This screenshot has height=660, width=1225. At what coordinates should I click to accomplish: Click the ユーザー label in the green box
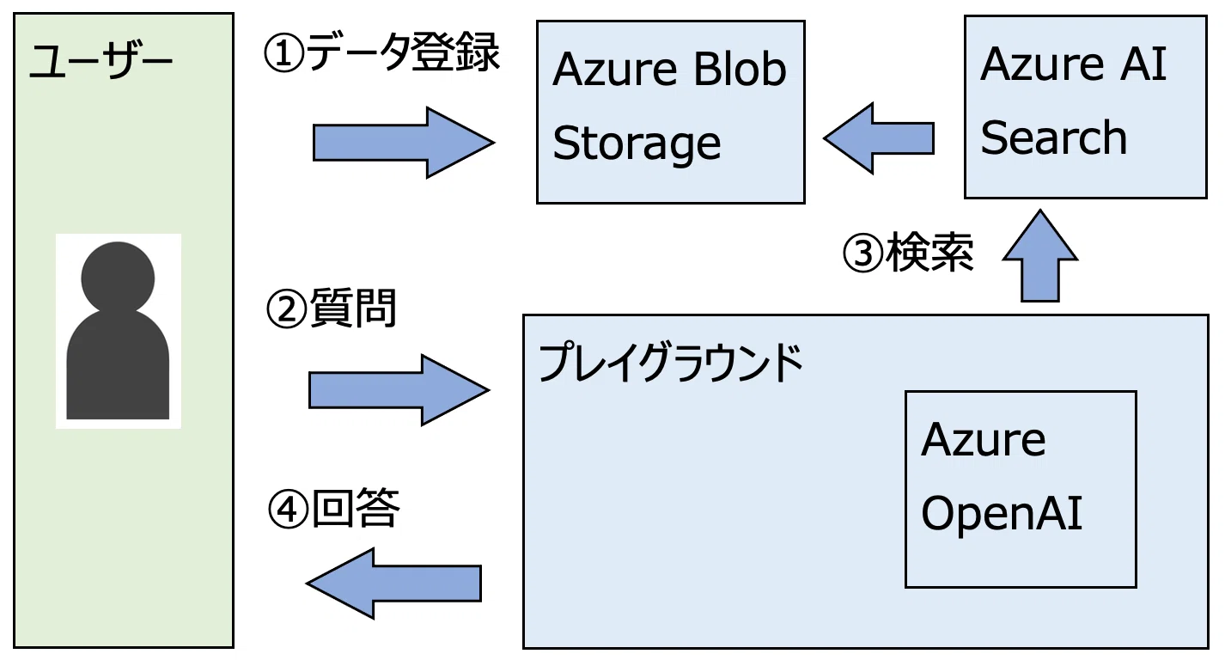point(101,61)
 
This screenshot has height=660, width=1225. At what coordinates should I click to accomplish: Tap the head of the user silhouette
point(118,277)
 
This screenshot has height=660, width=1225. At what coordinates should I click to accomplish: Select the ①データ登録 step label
point(381,52)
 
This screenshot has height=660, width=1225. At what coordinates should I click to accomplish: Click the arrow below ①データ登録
point(404,143)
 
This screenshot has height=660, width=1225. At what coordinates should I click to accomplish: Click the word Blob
point(740,70)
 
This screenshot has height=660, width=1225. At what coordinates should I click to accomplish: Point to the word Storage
point(637,144)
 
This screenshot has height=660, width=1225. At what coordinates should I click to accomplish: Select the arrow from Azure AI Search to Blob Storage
point(879,138)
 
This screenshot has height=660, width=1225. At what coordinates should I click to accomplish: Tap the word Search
point(1054,137)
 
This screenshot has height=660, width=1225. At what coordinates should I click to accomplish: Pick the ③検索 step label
point(908,253)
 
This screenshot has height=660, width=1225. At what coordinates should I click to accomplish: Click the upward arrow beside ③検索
point(1039,255)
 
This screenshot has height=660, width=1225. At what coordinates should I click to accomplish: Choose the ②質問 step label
point(332,309)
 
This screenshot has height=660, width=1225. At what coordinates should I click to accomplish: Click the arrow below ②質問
point(399,389)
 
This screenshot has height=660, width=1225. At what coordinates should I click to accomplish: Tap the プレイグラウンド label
point(671,363)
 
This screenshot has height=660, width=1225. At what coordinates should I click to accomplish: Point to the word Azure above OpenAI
point(984,439)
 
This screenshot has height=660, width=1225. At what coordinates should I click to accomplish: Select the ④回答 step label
point(334,509)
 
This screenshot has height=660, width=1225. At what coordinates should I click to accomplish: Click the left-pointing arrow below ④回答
point(393,584)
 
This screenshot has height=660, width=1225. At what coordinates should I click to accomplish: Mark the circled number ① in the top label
point(283,54)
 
